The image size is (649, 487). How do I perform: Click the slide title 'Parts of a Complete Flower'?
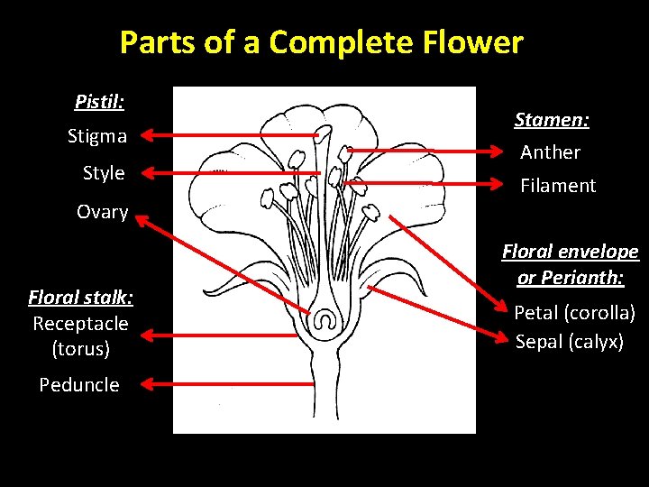coord(321,42)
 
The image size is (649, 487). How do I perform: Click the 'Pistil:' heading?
coord(99,101)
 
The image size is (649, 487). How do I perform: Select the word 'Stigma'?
coord(97,137)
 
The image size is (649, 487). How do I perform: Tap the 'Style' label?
coord(104,173)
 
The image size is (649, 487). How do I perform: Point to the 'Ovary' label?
coord(102,212)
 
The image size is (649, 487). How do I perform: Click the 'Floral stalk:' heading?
coord(80,297)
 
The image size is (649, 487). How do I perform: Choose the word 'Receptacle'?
coord(80,323)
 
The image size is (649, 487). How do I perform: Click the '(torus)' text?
coord(81,348)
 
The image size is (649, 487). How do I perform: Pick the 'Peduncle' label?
coord(79,385)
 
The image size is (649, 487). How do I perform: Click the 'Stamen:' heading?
coord(552,119)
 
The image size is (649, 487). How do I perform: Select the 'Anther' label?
coord(550,152)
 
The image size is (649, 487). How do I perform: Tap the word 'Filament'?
coord(558,186)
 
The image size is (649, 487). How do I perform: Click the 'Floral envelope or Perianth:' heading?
coord(570,264)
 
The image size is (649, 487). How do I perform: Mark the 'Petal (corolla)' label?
coord(574,313)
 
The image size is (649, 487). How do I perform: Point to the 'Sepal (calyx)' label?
coord(569,342)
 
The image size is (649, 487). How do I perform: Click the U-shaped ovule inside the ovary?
coord(324,319)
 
